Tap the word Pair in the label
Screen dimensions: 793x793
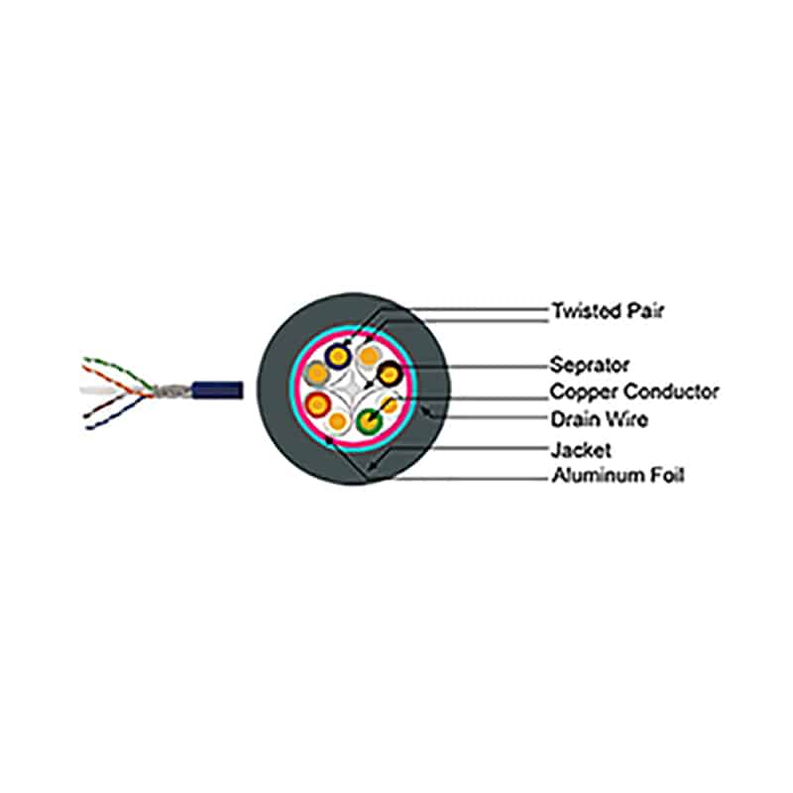pyautogui.click(x=645, y=310)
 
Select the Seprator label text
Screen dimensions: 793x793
pyautogui.click(x=590, y=365)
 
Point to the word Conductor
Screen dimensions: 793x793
pyautogui.click(x=671, y=392)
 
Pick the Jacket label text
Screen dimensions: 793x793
pyautogui.click(x=581, y=450)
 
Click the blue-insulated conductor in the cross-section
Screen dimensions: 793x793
pyautogui.click(x=338, y=356)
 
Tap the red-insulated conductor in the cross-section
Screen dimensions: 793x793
pyautogui.click(x=318, y=404)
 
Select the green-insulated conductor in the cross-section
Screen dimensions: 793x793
pyautogui.click(x=369, y=420)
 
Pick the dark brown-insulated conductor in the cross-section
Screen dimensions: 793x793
pyautogui.click(x=390, y=375)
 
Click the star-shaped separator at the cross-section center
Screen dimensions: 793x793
pyautogui.click(x=352, y=387)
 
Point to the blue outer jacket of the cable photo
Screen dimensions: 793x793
pyautogui.click(x=217, y=390)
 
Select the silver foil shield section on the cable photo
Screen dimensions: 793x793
pyautogui.click(x=171, y=391)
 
